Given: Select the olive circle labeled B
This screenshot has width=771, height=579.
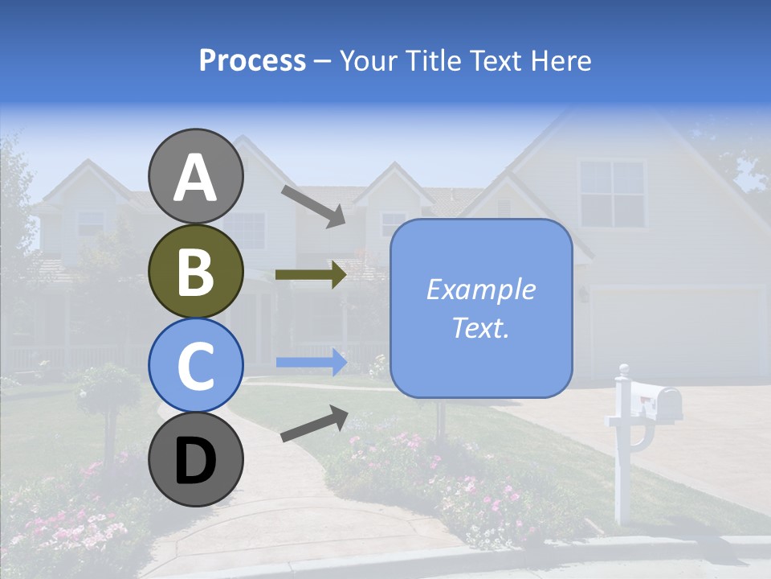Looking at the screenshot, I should point(196,271).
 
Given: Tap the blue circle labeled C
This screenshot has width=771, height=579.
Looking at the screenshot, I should point(196,365).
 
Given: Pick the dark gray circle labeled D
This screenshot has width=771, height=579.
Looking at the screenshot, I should point(196,459).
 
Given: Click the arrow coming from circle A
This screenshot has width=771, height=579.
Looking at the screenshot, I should point(312,206).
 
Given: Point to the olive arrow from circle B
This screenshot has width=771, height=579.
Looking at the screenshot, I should point(310,275).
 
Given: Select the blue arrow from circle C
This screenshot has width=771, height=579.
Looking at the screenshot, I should point(311,363).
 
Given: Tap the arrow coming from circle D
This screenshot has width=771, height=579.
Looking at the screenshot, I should point(314,423).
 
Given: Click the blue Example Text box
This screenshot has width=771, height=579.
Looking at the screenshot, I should point(480,308).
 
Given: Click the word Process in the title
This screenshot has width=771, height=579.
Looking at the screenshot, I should point(252,60).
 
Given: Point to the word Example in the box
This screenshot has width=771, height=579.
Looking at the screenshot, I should point(480,289).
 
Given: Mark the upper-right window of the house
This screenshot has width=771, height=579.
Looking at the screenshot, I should point(612,193).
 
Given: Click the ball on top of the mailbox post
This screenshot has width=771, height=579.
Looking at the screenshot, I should point(623,370).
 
